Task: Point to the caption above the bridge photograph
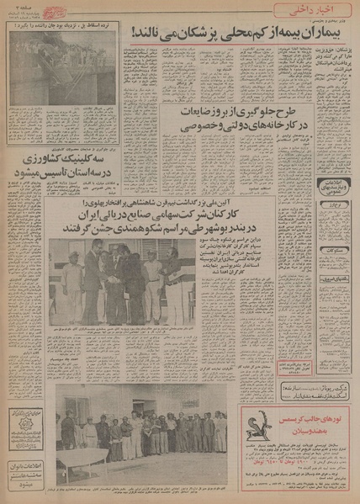(64, 27)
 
